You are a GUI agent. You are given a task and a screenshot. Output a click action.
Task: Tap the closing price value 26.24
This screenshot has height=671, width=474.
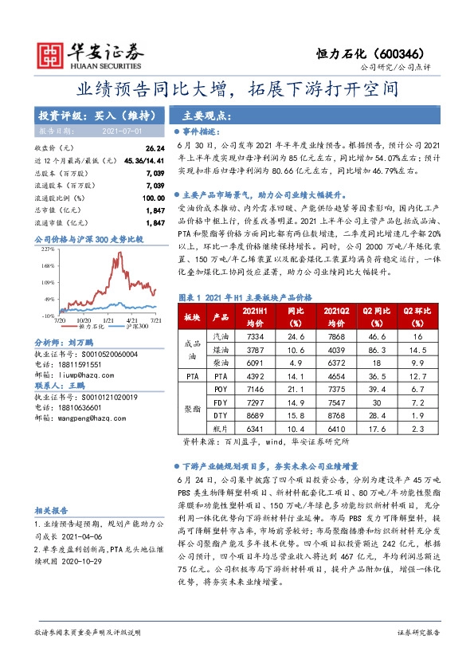[x=155, y=148]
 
